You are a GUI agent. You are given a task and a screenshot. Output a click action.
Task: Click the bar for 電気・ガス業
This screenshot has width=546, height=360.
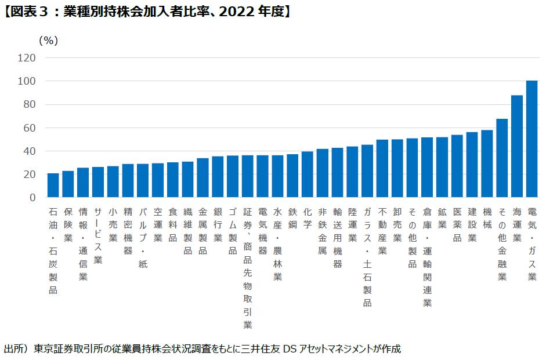point(531,139)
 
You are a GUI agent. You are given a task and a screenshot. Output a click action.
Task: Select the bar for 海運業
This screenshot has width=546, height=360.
point(516,147)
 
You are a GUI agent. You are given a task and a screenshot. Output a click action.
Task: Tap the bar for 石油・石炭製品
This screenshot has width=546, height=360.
point(53,186)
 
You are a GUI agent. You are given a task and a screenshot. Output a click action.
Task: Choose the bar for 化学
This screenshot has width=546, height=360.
point(308,174)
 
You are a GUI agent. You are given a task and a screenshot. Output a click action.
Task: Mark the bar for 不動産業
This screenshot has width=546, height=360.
point(382,169)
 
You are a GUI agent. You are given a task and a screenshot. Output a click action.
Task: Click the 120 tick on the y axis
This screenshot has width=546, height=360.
point(27,58)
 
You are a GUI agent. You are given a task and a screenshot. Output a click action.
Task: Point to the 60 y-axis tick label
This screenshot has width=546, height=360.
point(30,128)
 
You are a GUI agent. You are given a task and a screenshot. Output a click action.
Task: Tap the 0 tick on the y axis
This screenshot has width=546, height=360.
point(32,198)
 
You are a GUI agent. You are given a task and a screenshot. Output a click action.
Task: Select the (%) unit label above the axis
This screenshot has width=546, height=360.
point(48,40)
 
